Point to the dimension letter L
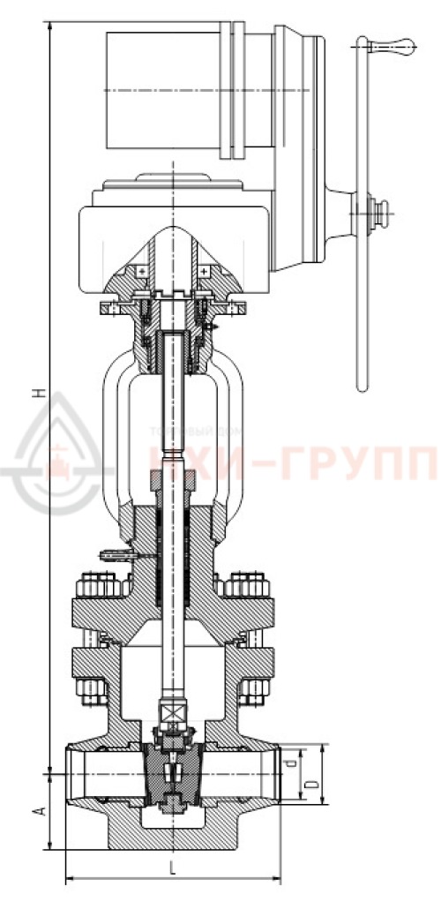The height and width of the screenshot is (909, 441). point(172,868)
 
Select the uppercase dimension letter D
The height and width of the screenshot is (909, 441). point(310,785)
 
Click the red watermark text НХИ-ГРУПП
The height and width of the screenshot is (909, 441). point(291,460)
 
